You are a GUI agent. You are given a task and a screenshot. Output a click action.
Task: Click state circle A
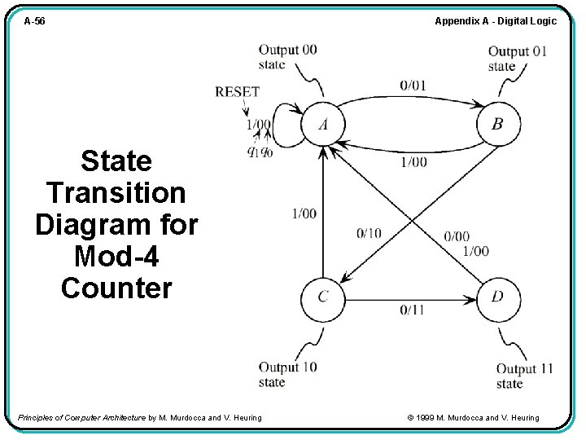(324, 125)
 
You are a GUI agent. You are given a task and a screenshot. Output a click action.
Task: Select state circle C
(323, 297)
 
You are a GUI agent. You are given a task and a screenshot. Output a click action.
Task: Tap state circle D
(497, 297)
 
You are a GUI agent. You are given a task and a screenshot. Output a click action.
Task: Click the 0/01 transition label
(413, 85)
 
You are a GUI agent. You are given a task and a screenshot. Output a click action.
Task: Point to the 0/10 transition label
(369, 234)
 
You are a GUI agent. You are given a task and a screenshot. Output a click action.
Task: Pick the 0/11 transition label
(413, 310)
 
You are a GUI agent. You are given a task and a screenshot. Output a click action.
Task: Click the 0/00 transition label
(457, 236)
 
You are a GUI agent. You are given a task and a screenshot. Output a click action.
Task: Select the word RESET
(237, 92)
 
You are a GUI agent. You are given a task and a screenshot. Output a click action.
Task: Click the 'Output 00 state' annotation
(287, 57)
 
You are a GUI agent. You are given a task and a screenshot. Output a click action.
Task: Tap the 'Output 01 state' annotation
(518, 59)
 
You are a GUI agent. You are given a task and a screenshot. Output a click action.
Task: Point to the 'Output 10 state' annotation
(287, 375)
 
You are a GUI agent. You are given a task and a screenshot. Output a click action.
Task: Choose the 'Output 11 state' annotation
(524, 376)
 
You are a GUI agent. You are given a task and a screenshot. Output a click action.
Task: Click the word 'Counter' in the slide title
(116, 288)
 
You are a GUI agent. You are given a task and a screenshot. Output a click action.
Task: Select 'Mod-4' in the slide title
(116, 256)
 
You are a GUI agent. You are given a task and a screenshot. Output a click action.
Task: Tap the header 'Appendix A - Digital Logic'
(496, 21)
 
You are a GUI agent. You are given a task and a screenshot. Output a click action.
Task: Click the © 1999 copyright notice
(472, 418)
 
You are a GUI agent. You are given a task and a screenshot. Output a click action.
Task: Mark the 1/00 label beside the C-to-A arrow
(304, 213)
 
